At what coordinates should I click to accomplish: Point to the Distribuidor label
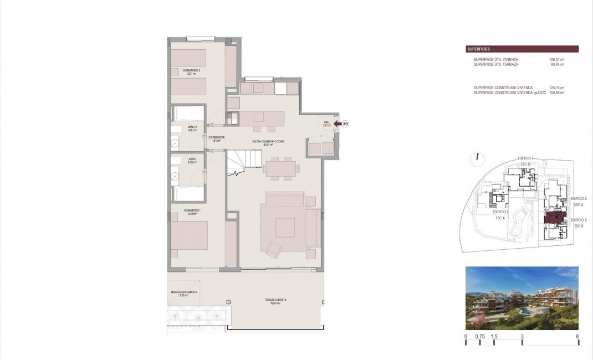point(216,138)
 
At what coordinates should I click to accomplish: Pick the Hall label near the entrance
point(326,124)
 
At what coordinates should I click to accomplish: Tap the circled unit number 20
point(345,125)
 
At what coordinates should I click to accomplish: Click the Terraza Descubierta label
point(183,294)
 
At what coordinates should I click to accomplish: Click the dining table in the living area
point(281,168)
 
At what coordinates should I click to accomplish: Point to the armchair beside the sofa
point(273,250)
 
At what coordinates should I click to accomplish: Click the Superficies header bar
point(522,49)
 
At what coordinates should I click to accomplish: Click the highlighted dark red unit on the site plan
point(554,217)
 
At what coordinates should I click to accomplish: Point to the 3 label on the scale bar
point(522,336)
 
